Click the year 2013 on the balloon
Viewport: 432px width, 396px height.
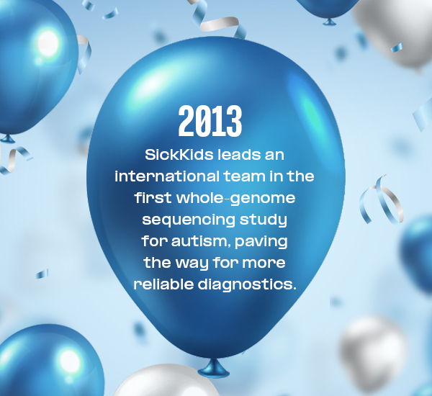(210, 121)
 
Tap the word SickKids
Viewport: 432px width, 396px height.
(179, 155)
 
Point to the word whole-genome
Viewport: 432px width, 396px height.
(236, 199)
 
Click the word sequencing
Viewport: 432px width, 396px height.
(189, 220)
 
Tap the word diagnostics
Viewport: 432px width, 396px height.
(247, 284)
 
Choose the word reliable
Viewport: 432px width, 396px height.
(163, 284)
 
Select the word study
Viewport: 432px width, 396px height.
(263, 220)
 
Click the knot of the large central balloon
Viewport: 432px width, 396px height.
(214, 369)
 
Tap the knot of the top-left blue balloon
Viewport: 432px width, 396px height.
(7, 139)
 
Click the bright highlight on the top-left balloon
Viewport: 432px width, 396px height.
(48, 43)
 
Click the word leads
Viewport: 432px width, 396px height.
(239, 155)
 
